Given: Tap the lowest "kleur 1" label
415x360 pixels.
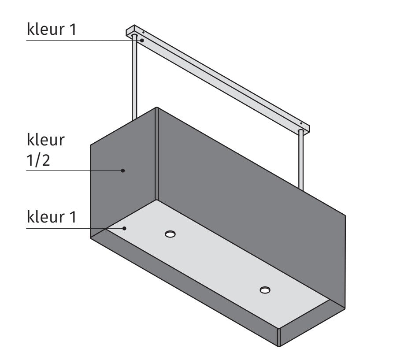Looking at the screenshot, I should tap(52, 217).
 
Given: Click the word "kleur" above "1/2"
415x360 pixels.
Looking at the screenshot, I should tap(46, 140).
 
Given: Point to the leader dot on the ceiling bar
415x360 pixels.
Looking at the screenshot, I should tap(142, 40).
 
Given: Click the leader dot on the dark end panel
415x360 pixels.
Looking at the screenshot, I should tap(123, 170).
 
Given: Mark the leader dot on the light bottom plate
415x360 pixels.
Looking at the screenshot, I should tap(125, 228).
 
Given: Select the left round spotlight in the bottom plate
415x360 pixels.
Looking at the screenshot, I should tap(170, 234).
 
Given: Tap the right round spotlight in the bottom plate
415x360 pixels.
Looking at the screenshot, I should tap(265, 289).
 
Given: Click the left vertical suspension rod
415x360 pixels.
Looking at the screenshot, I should tap(134, 79).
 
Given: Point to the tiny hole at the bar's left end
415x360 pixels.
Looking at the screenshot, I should tap(144, 32).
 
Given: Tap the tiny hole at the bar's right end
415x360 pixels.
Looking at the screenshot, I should tap(301, 123).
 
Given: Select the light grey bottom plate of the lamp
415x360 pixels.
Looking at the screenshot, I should tap(220, 260).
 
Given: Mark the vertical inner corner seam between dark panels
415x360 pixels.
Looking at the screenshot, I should tap(156, 154).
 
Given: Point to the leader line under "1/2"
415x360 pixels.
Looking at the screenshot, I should tap(70, 170).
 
